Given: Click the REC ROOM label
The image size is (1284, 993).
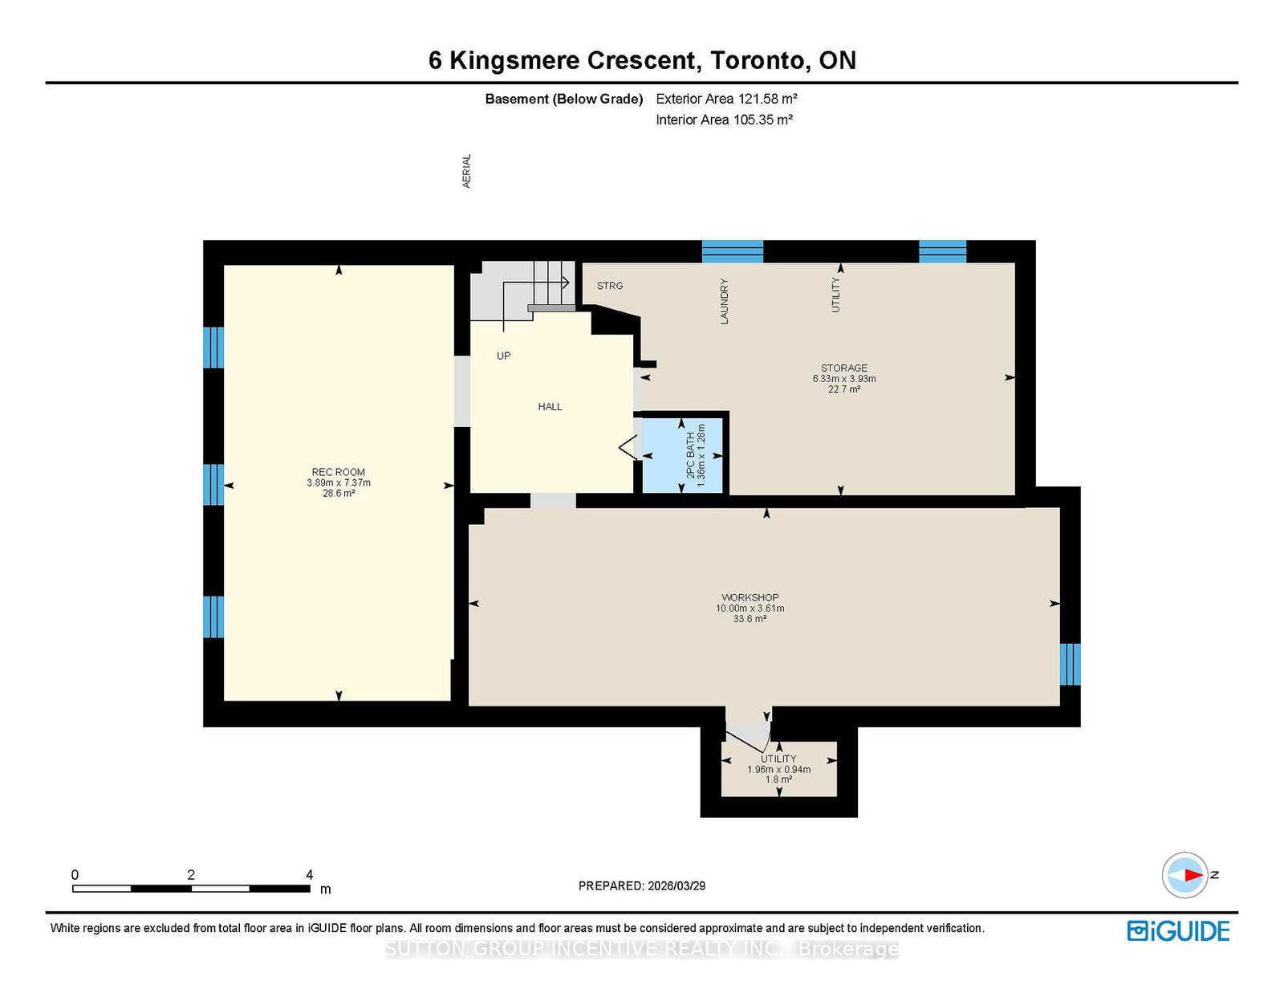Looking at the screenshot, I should (x=338, y=472).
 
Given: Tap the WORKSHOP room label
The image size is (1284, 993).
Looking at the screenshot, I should (x=750, y=597).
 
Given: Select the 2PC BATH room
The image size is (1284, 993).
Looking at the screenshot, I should (x=683, y=455).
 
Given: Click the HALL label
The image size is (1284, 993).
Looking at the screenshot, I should (x=550, y=407).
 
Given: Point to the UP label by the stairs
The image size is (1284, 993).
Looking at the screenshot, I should (x=503, y=356).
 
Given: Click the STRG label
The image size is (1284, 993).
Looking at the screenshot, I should (x=610, y=286).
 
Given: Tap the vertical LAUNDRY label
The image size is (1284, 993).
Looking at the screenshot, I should (x=724, y=301).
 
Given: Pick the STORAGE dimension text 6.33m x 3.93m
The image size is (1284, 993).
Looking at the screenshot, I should (x=843, y=379).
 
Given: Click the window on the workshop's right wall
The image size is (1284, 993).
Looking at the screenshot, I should (x=1070, y=664).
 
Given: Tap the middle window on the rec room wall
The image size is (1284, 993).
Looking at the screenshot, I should (x=213, y=484).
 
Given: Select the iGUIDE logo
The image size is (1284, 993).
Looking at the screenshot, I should (x=1178, y=931).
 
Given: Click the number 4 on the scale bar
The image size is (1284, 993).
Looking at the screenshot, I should (x=309, y=875).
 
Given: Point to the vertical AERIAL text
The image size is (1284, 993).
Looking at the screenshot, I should (x=466, y=171).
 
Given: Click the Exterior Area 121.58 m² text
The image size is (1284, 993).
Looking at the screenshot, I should (x=726, y=99).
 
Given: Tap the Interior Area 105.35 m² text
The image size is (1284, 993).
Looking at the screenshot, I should (x=724, y=120).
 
